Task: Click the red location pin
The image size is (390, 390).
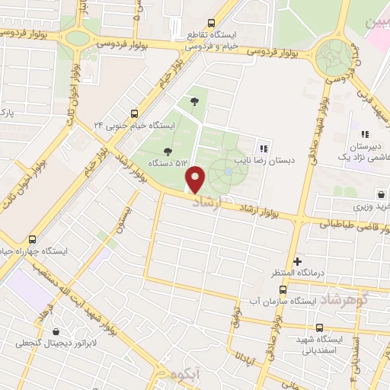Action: point(196,180)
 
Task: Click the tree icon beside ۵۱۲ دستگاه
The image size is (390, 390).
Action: point(168,150)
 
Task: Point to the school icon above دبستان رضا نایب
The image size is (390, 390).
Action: point(264,149)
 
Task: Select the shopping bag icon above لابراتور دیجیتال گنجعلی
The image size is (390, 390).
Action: point(57,331)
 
